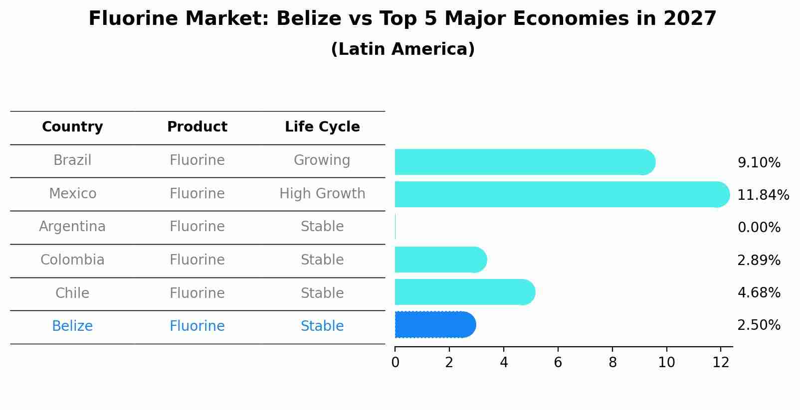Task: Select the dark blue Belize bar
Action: pyautogui.click(x=434, y=325)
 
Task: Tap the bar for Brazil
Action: pyautogui.click(x=524, y=162)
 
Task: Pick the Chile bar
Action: pyautogui.click(x=464, y=292)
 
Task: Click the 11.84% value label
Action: pyautogui.click(x=763, y=195)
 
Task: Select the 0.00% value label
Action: pyautogui.click(x=759, y=228)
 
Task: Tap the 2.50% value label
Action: pyautogui.click(x=759, y=325)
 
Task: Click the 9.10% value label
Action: pyautogui.click(x=759, y=162)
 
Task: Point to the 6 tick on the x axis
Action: pyautogui.click(x=558, y=363)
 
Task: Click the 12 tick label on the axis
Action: pyautogui.click(x=721, y=363)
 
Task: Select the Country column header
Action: pyautogui.click(x=72, y=127)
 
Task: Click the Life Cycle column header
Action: pyautogui.click(x=322, y=127)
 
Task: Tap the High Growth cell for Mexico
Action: pyautogui.click(x=322, y=193)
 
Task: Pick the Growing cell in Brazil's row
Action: pyautogui.click(x=322, y=160)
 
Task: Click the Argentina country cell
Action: pyautogui.click(x=72, y=227)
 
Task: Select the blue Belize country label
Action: pyautogui.click(x=72, y=326)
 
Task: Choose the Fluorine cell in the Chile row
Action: pyautogui.click(x=197, y=293)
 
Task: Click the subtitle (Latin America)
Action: pyautogui.click(x=402, y=49)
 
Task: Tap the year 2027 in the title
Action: pyautogui.click(x=690, y=19)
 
